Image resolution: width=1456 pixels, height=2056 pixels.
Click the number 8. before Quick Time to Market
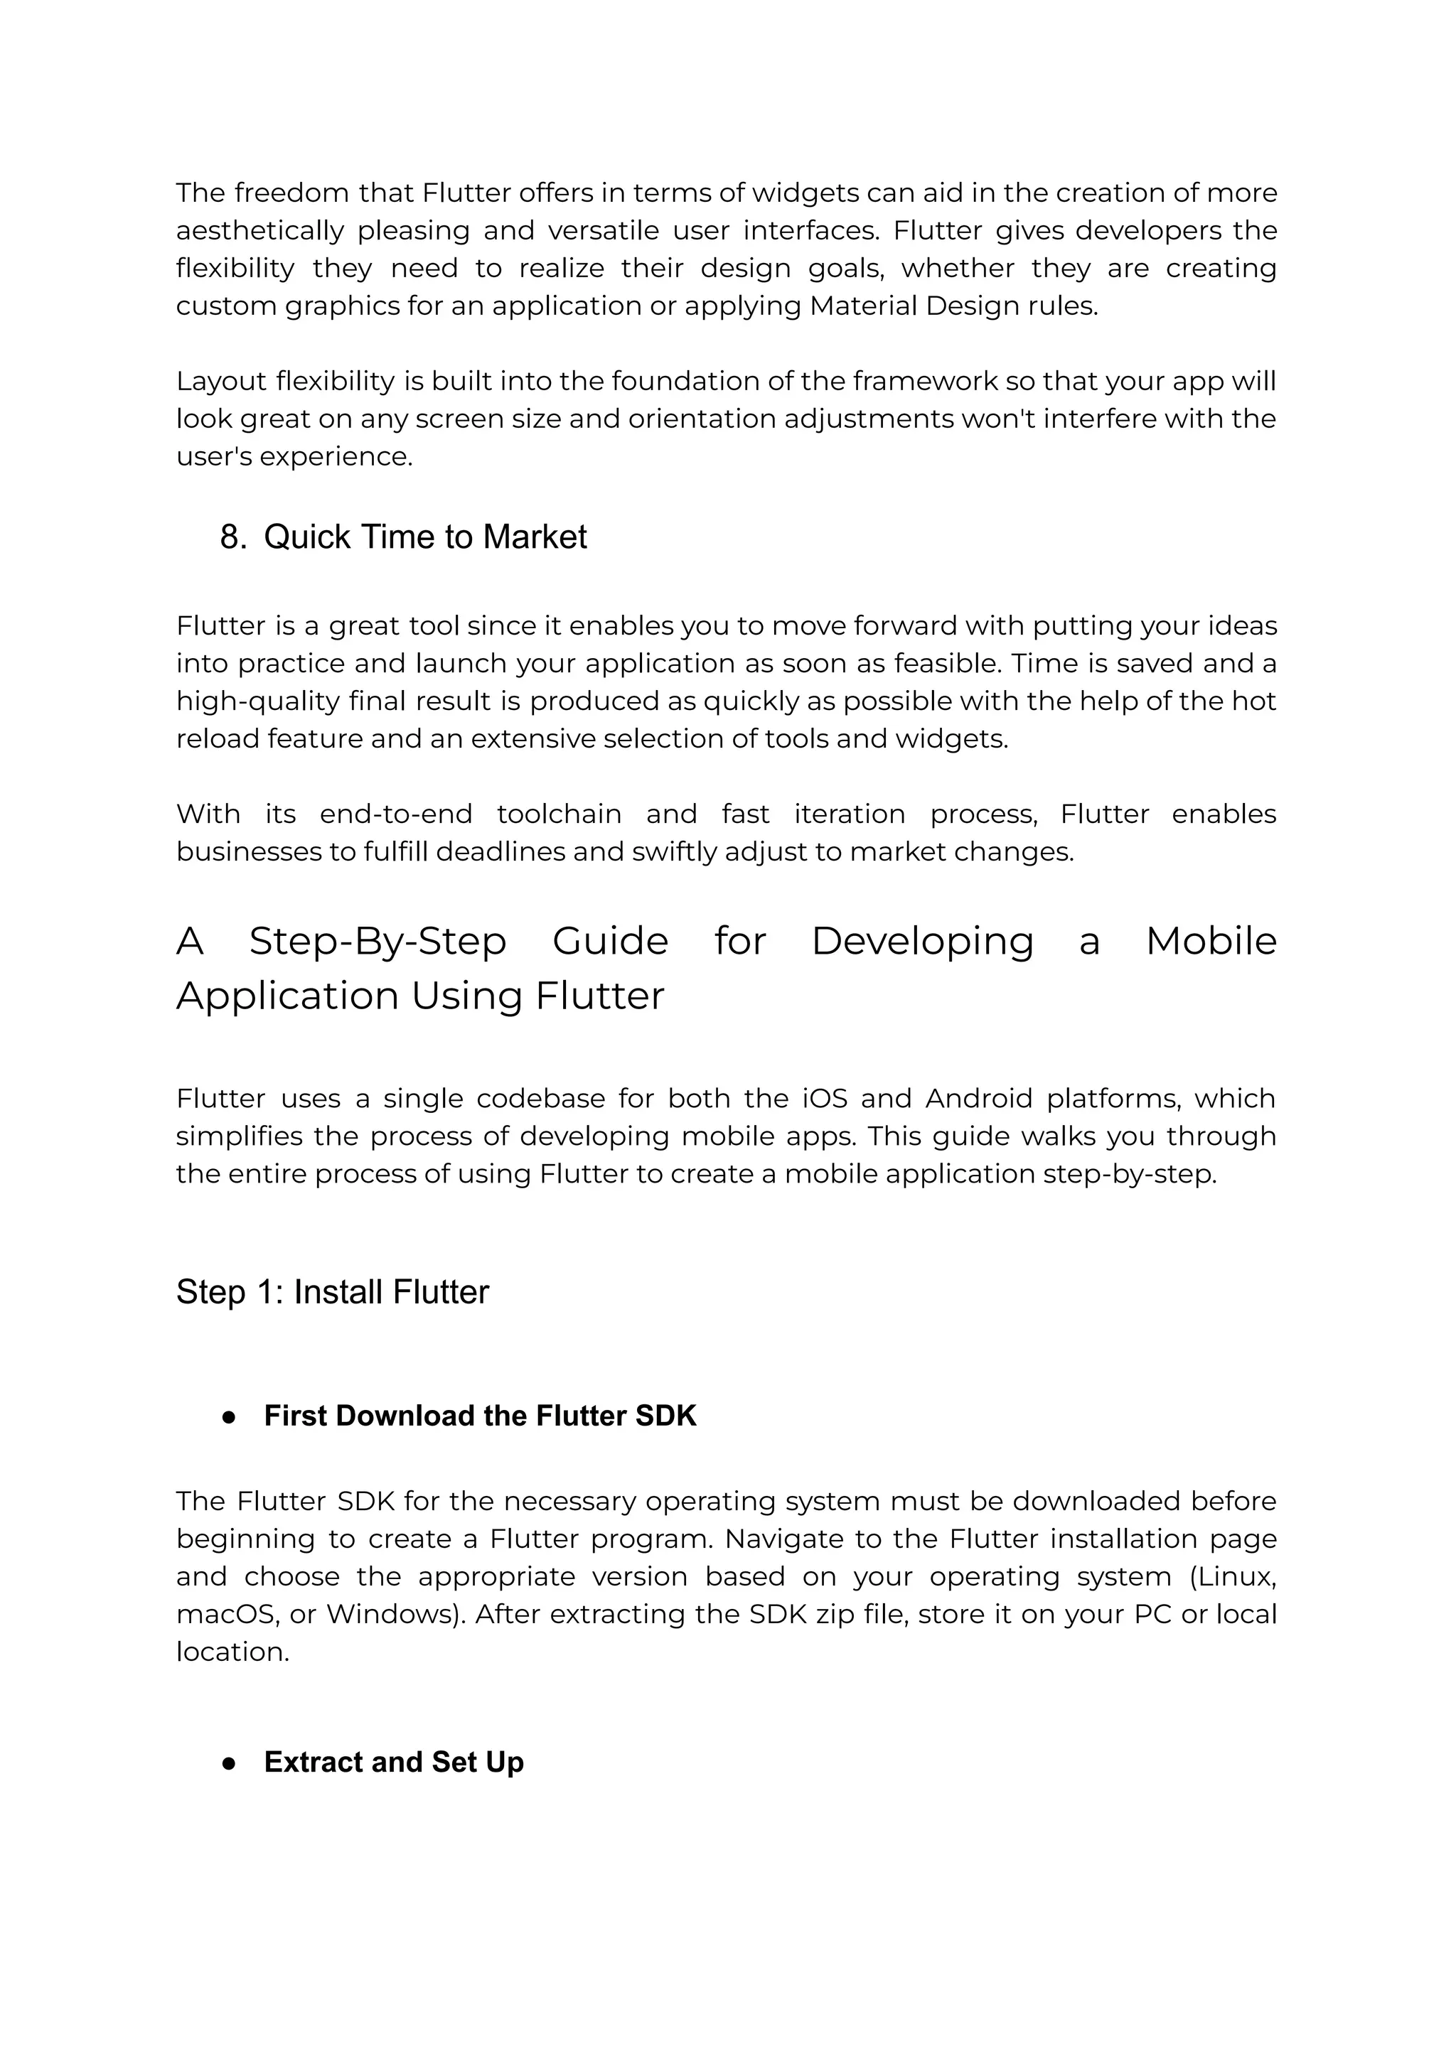point(233,537)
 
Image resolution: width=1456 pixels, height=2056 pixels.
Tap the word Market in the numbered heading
point(535,537)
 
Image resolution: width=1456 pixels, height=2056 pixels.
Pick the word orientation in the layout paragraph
point(701,419)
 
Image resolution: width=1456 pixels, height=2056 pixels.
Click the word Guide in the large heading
point(610,941)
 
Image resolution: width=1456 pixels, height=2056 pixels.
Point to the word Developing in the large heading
point(923,941)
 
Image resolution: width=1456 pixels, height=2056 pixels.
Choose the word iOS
point(818,1098)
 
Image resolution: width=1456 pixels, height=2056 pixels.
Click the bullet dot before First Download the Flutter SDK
point(229,1416)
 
